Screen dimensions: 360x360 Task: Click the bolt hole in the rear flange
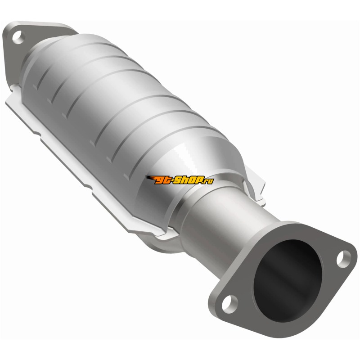[x=18, y=37]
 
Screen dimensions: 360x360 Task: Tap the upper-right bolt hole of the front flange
[x=343, y=259]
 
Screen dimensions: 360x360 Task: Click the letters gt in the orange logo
[x=162, y=180]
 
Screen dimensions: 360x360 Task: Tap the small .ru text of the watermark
[x=209, y=181]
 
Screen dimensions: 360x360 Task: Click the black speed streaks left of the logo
[x=150, y=178]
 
